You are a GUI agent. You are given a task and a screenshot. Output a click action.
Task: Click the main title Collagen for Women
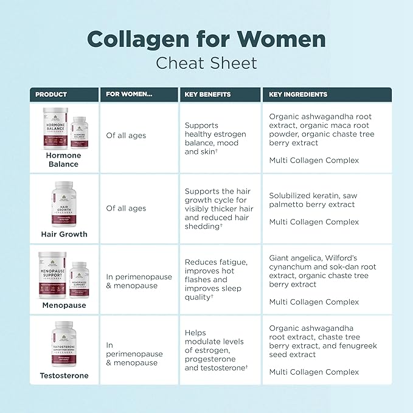tap(206, 38)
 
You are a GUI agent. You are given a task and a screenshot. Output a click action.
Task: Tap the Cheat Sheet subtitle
tap(206, 63)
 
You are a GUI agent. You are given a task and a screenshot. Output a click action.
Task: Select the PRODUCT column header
tap(51, 94)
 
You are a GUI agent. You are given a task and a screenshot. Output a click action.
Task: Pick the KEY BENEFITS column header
tap(207, 94)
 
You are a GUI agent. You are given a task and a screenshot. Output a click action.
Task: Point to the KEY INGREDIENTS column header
tap(298, 94)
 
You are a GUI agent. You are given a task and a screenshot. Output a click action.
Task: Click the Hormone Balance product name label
tap(63, 159)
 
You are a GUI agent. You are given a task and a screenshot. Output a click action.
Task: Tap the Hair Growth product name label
tap(64, 234)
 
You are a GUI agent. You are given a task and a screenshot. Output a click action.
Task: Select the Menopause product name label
tap(64, 305)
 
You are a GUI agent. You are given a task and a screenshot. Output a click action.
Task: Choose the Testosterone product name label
tap(64, 375)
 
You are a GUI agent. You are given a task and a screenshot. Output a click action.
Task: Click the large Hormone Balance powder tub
tap(52, 129)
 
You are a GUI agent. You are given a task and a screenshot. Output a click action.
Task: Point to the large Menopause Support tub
tap(52, 275)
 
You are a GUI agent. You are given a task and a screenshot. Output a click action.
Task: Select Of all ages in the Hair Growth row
tap(126, 208)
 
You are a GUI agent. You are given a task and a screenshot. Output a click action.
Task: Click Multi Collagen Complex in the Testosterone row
tap(314, 372)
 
